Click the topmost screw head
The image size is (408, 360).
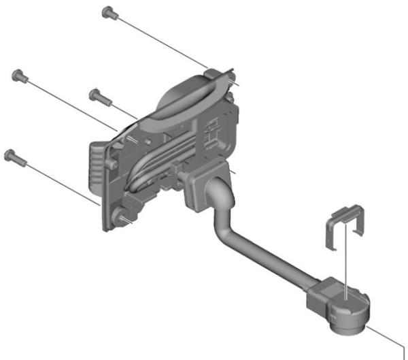coord(107,12)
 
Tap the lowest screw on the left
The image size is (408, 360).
coord(13,157)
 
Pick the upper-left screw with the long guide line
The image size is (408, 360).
coord(20,75)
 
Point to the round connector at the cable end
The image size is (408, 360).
coord(350,314)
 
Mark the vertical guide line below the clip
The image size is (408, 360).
coord(348,262)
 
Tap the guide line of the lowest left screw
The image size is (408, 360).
coord(61,181)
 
